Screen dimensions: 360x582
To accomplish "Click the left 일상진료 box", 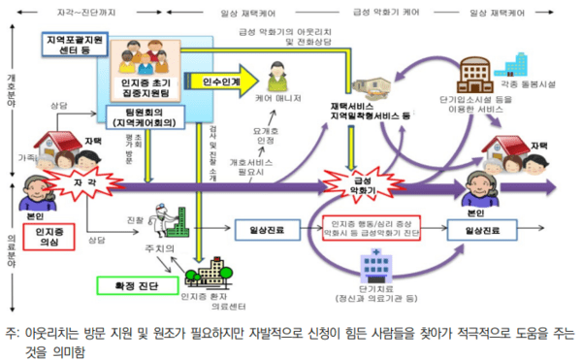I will tap(265, 230).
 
